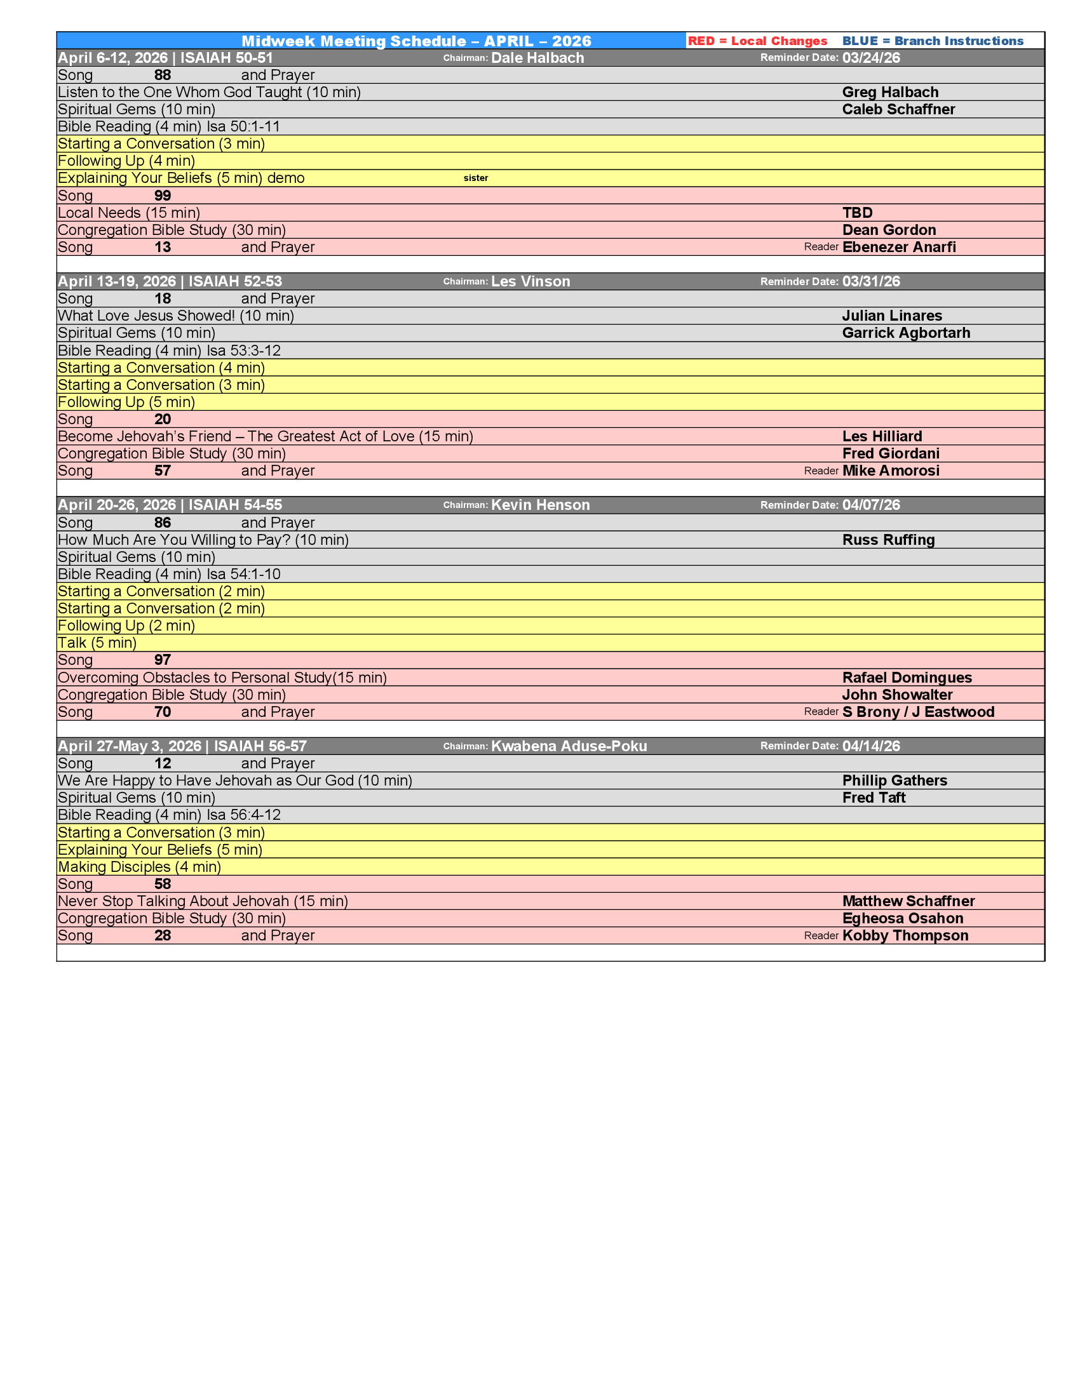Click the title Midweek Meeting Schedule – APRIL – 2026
(416, 41)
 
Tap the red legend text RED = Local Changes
(757, 41)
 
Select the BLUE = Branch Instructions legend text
(932, 41)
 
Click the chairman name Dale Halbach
(537, 58)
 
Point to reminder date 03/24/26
(871, 58)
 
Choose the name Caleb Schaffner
(898, 109)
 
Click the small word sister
(475, 178)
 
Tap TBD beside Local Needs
(858, 213)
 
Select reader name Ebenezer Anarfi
(899, 248)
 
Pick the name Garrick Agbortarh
(906, 333)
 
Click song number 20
(163, 420)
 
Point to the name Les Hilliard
(882, 437)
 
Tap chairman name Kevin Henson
(540, 505)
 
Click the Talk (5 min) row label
(97, 643)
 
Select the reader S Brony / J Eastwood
(918, 712)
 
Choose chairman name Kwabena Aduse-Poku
(569, 747)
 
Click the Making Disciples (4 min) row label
(140, 867)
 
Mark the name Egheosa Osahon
(903, 919)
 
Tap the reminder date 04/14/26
(871, 747)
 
